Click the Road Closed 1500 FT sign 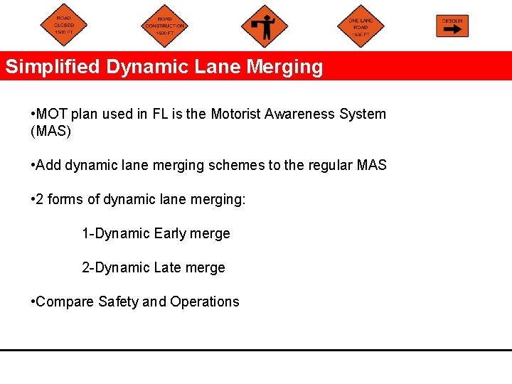pos(63,26)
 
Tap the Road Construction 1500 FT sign pos(164,26)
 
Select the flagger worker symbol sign pos(265,26)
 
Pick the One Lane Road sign pos(361,26)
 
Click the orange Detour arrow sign pos(452,26)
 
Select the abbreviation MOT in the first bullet pos(50,114)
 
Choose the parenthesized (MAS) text pos(51,132)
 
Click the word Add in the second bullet pos(48,165)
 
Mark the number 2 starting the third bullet pos(40,199)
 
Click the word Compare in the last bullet pos(65,302)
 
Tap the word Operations pos(205,302)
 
